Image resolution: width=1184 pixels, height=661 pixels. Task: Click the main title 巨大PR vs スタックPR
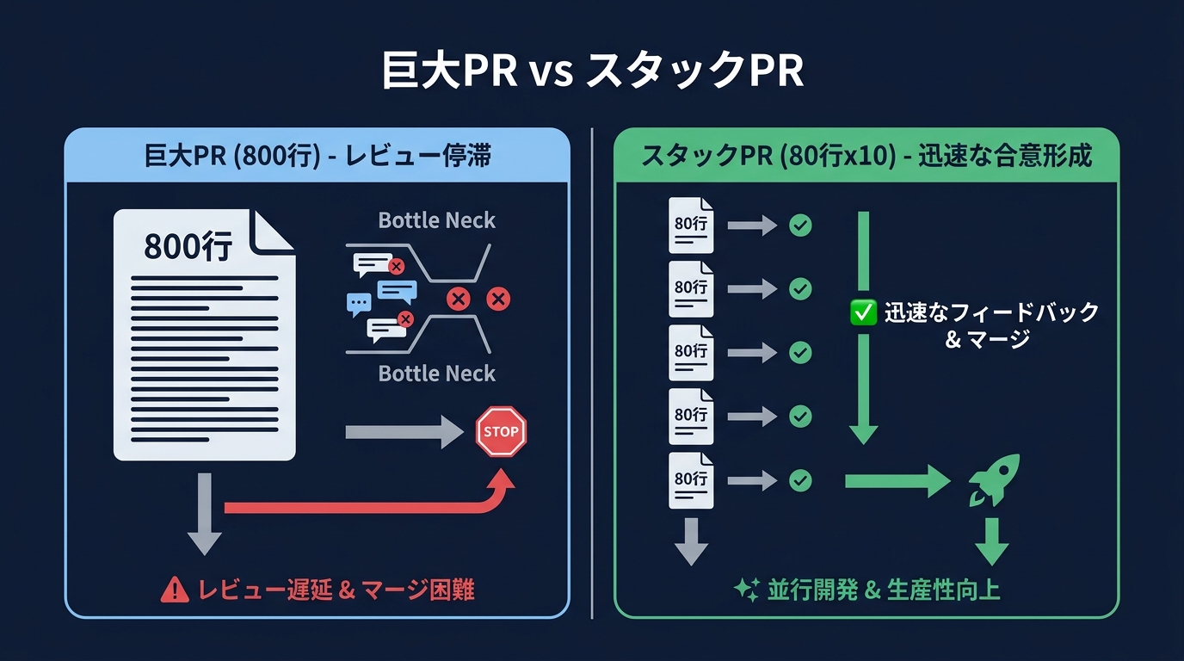(x=592, y=72)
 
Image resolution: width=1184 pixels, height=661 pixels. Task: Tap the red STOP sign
(x=501, y=431)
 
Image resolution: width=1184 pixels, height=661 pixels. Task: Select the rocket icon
(x=994, y=479)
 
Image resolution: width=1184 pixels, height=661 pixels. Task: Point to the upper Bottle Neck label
(x=437, y=221)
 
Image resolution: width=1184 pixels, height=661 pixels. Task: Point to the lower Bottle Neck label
(x=437, y=374)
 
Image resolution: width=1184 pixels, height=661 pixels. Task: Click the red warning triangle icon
(x=175, y=590)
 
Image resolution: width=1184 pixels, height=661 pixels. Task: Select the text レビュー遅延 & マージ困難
(x=336, y=590)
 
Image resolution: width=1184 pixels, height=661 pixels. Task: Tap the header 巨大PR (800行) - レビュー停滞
(x=318, y=157)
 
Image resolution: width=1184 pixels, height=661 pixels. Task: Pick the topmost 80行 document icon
(x=691, y=225)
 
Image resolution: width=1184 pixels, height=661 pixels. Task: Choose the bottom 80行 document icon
(x=691, y=480)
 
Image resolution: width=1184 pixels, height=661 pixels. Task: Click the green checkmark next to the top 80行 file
(x=800, y=225)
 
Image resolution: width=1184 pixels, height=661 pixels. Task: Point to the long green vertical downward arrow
(x=863, y=327)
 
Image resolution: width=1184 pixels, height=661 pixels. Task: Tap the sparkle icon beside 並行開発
(x=745, y=590)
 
